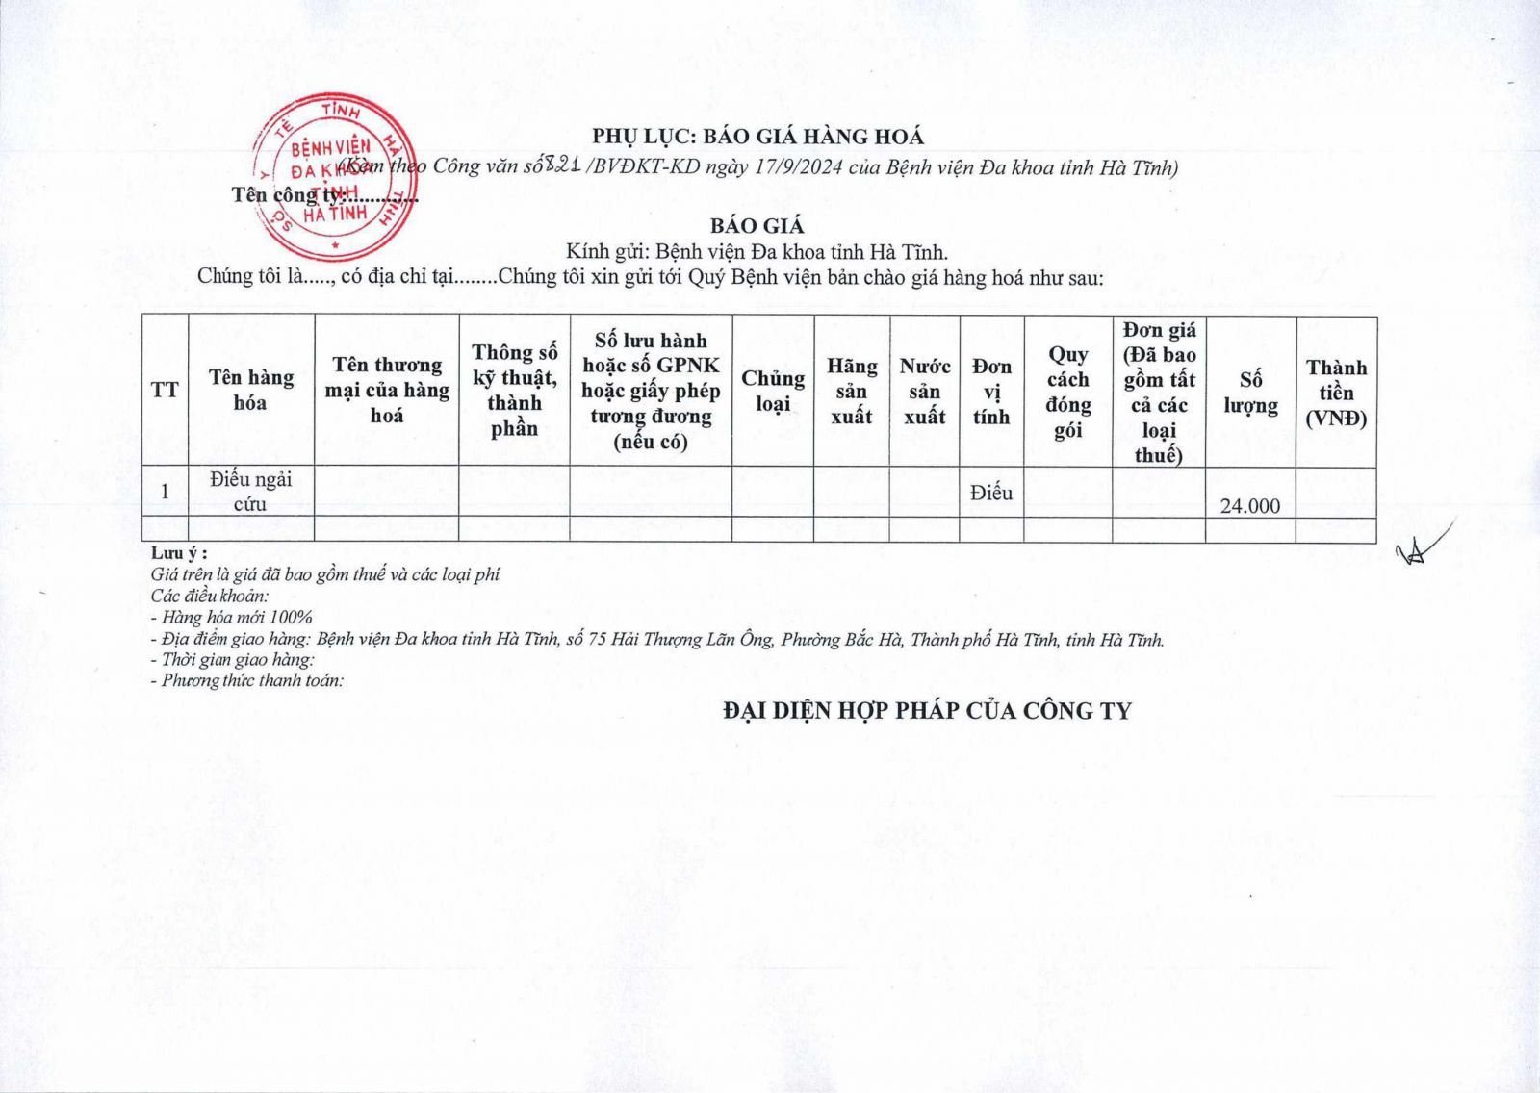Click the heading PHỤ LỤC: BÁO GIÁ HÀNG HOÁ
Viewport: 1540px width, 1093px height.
click(x=757, y=137)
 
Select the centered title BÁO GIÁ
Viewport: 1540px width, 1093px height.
click(x=757, y=226)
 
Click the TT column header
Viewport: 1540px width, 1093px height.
click(x=165, y=390)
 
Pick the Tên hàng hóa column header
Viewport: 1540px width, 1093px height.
click(x=250, y=390)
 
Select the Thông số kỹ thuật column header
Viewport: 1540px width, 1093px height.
click(x=514, y=390)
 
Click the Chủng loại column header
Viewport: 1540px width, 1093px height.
click(x=772, y=390)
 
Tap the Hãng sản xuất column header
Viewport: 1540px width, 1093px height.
click(x=851, y=391)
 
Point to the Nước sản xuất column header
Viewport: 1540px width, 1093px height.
click(x=924, y=391)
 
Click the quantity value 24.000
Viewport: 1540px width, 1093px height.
click(x=1249, y=505)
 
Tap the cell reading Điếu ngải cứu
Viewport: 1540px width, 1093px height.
click(x=250, y=491)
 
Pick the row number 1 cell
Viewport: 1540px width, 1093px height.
click(x=165, y=491)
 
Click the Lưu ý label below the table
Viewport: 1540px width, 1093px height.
click(x=179, y=554)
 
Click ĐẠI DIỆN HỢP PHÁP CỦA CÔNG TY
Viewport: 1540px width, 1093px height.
click(x=927, y=711)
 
